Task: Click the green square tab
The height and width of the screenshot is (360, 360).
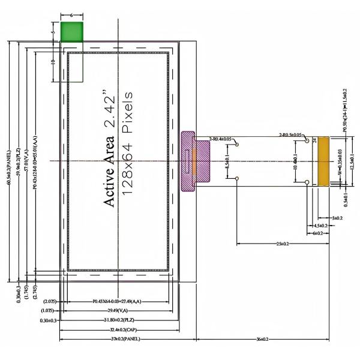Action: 71,31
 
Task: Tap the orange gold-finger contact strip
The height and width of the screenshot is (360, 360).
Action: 324,161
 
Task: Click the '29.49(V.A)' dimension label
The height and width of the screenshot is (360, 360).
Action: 121,311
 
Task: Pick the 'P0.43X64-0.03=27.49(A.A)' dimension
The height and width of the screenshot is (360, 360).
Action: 121,301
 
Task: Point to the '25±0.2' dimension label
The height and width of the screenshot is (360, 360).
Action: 283,244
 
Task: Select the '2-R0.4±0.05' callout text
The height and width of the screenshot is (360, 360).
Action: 220,139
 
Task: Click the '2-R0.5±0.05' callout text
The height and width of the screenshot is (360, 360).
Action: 292,135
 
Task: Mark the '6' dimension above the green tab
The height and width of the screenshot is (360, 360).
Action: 71,13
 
